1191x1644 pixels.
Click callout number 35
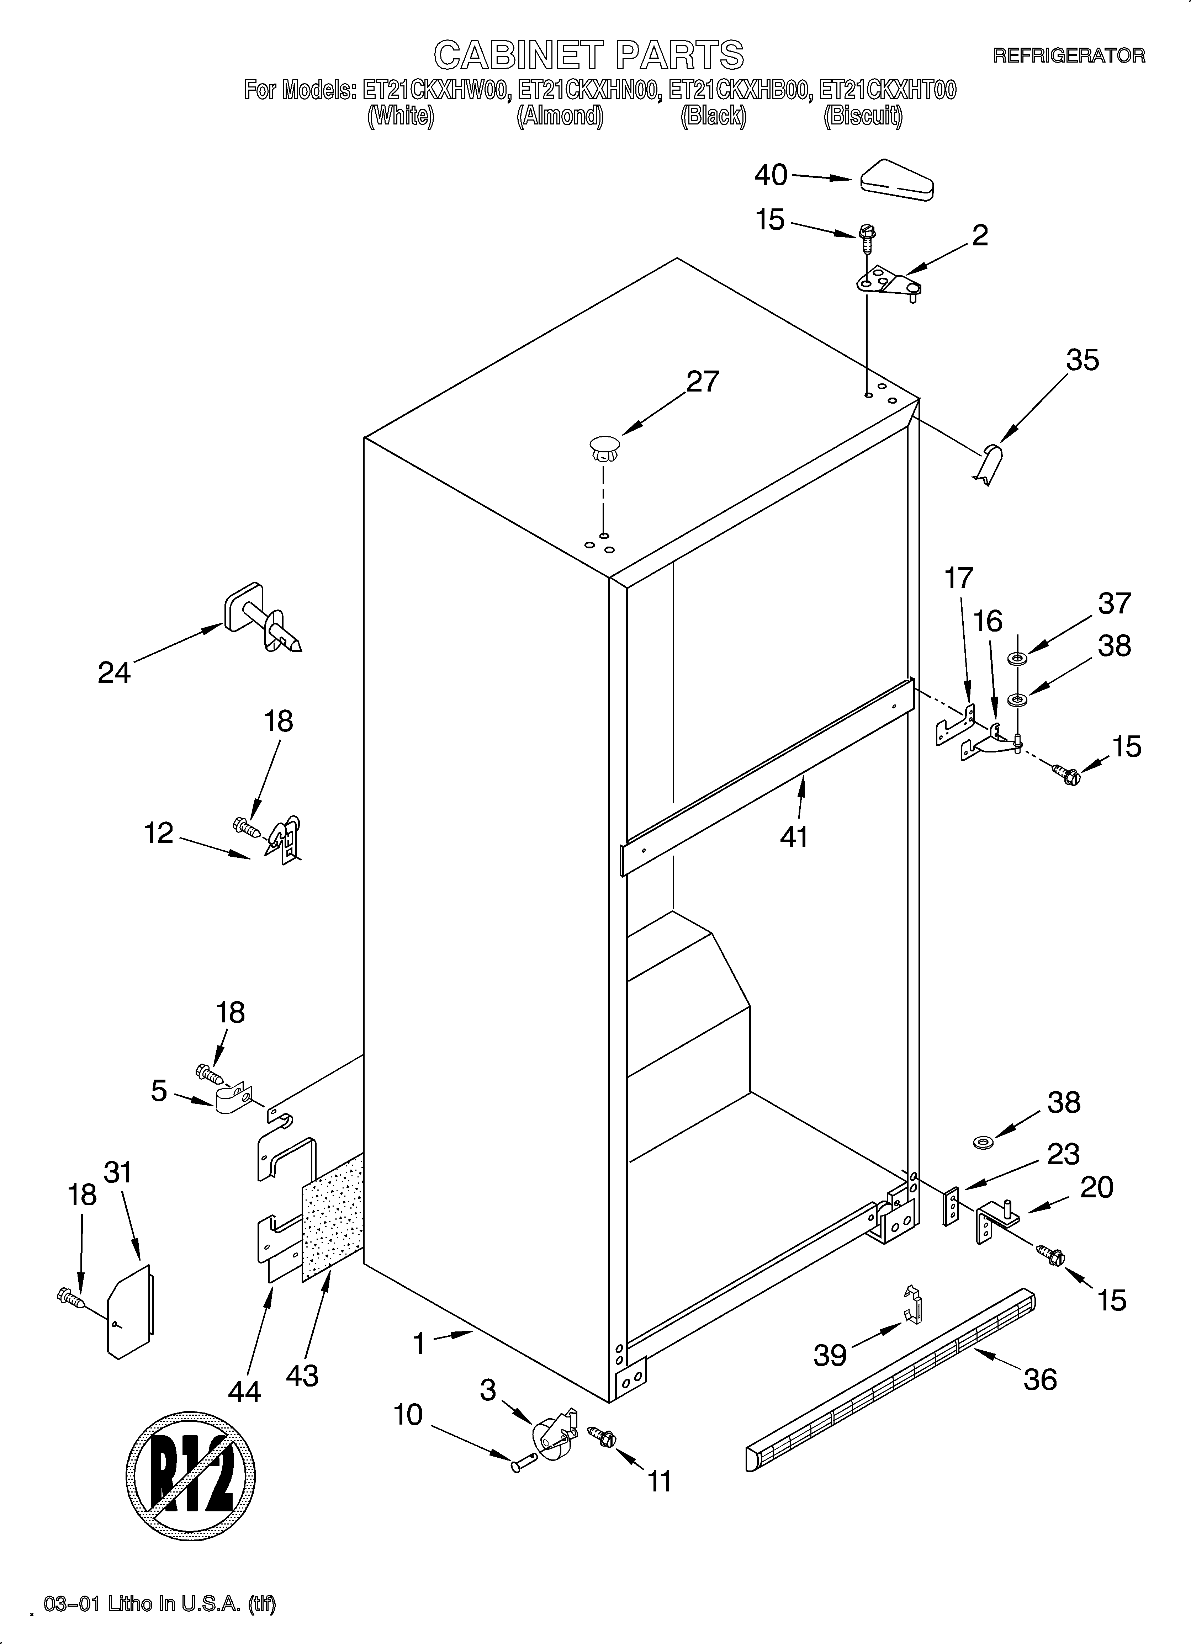1082,360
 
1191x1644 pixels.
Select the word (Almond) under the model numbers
559,116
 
